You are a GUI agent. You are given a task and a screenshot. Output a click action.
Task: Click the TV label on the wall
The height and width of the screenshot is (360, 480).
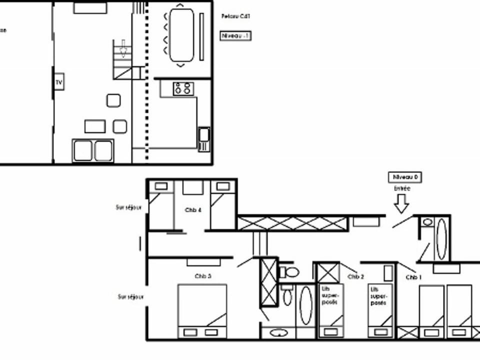tap(59, 82)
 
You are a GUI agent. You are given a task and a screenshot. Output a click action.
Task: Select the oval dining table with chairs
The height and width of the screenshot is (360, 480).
tap(181, 35)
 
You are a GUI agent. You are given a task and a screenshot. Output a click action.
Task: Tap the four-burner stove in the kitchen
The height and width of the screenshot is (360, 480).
tap(183, 89)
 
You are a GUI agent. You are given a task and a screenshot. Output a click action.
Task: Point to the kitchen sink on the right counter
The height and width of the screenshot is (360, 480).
tap(203, 139)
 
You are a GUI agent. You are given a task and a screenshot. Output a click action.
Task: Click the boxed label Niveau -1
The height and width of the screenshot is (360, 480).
tap(235, 36)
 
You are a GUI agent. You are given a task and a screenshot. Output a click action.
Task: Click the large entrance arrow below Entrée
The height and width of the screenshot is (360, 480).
tap(401, 203)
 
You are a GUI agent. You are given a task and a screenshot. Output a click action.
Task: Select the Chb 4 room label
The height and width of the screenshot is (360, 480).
tap(193, 210)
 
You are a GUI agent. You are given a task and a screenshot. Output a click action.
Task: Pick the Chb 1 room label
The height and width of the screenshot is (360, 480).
tap(412, 277)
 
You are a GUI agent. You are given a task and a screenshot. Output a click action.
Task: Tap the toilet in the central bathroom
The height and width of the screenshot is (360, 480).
tap(289, 272)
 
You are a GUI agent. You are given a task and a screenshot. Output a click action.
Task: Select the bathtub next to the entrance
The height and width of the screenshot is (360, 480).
tap(441, 238)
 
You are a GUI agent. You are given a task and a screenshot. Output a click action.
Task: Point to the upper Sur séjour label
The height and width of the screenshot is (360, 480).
tap(128, 207)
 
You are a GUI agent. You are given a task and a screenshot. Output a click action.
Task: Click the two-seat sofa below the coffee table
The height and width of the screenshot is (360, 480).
tap(93, 150)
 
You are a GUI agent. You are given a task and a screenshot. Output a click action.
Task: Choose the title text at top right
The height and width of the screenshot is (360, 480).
tap(235, 16)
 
